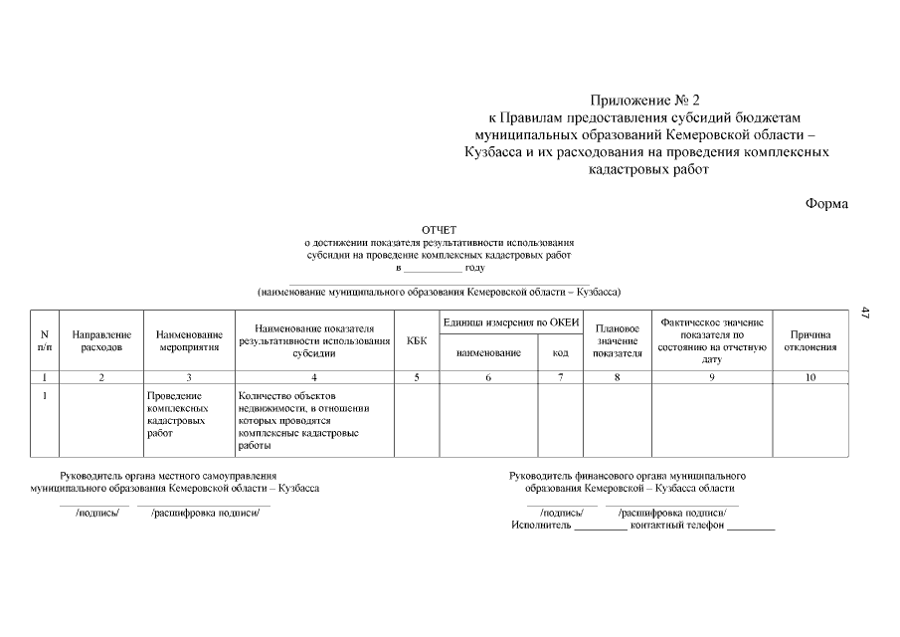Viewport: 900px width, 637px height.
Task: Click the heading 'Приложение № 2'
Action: click(x=645, y=101)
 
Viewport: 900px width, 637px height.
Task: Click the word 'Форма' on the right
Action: click(x=826, y=204)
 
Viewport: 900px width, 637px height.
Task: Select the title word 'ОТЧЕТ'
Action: click(x=439, y=230)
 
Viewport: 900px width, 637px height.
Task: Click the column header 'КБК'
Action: click(x=418, y=340)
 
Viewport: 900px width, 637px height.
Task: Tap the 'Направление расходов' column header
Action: click(x=101, y=340)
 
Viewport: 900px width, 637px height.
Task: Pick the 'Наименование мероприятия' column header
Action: click(x=189, y=340)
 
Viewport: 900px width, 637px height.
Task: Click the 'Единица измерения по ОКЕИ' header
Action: click(x=510, y=321)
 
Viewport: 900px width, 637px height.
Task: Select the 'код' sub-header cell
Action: click(x=560, y=352)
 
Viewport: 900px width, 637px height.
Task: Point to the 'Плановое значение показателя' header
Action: click(x=617, y=340)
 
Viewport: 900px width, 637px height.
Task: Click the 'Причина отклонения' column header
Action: click(x=810, y=340)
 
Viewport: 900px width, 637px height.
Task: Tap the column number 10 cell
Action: click(x=810, y=377)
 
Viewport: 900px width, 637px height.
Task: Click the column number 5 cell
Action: click(x=418, y=377)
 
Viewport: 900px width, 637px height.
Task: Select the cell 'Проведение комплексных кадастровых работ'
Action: click(x=178, y=414)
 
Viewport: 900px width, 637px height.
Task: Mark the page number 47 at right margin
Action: click(x=865, y=314)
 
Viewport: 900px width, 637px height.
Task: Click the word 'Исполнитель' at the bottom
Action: click(x=541, y=526)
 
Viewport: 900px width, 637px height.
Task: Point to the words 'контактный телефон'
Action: click(x=676, y=526)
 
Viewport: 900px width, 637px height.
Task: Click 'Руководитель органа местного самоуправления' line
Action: click(x=168, y=476)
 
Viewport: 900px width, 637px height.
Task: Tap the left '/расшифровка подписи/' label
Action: click(x=205, y=514)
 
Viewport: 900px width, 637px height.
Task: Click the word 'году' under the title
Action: click(x=475, y=268)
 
